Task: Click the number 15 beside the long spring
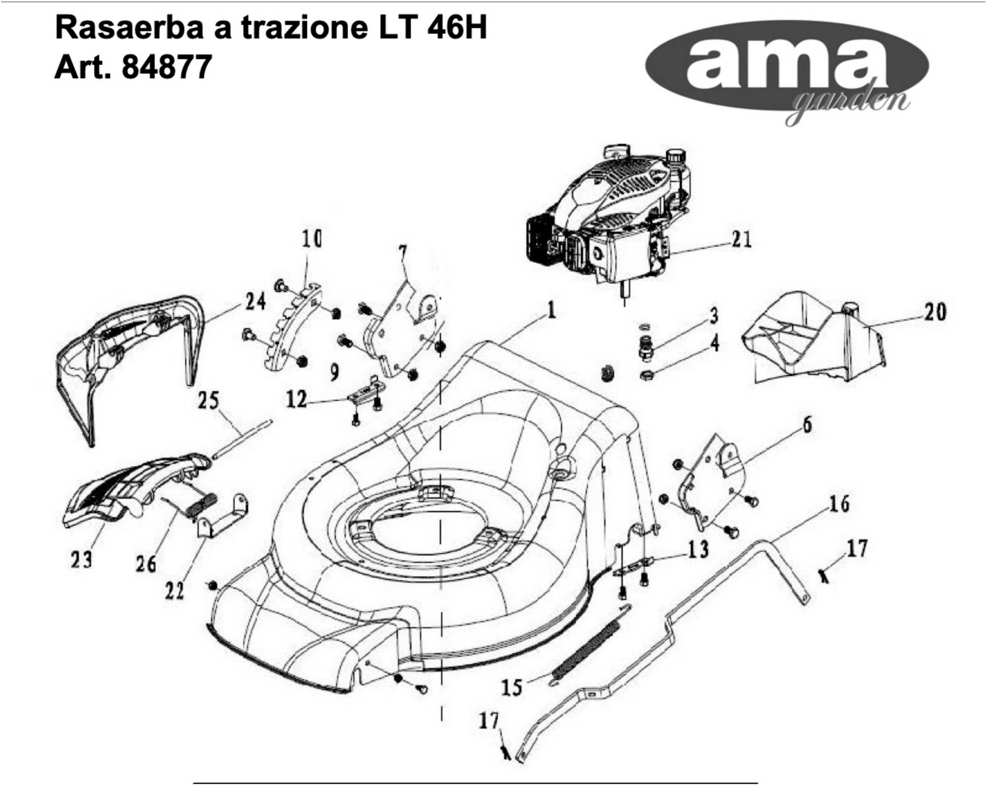pos(511,687)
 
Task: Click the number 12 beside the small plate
pos(296,400)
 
